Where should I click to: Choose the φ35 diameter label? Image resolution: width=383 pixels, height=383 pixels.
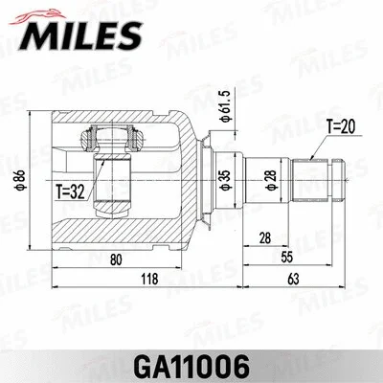(x=223, y=178)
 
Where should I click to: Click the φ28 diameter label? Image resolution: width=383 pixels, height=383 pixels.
(x=272, y=178)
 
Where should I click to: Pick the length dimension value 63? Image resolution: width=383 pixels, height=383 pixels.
(x=292, y=279)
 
